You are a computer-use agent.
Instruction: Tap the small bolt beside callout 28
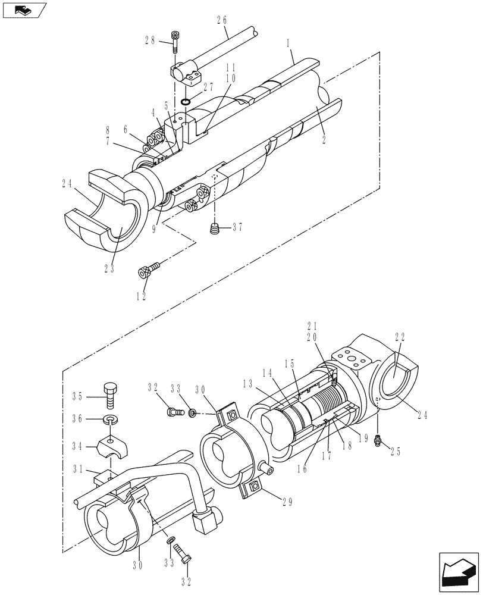175,39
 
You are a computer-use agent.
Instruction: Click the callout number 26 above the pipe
221,20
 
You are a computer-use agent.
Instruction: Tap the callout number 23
109,268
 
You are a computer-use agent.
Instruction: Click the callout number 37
238,226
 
